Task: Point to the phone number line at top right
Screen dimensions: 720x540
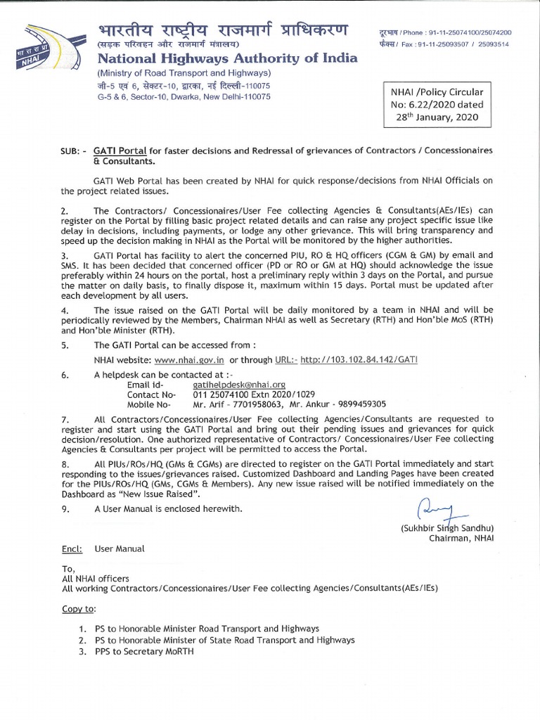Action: coord(444,33)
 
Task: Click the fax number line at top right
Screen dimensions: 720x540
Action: coord(444,44)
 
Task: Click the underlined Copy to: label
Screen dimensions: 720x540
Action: coord(79,607)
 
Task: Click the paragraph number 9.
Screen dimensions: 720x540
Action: coord(65,508)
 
